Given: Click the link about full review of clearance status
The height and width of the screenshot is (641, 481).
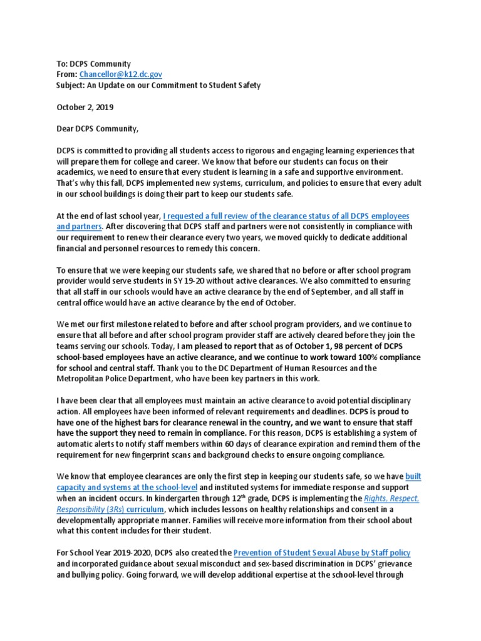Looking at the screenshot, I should pos(286,216).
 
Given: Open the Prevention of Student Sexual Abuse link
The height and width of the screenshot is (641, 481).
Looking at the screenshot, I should pos(322,553).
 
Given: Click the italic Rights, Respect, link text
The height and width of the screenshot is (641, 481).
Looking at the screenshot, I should pos(392,499).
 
